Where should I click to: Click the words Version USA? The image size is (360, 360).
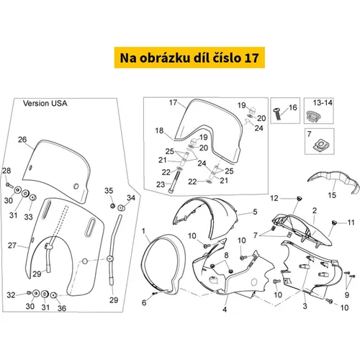[45, 104]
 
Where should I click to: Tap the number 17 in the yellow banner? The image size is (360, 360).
[251, 58]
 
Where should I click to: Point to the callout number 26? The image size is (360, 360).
[22, 140]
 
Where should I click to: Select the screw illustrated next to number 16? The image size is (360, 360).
[277, 114]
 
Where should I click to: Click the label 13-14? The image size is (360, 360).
[323, 103]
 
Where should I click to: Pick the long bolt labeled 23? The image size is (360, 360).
[173, 180]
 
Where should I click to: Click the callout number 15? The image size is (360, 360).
[332, 195]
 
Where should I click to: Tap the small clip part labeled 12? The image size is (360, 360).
[299, 199]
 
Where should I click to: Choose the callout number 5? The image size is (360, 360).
[255, 212]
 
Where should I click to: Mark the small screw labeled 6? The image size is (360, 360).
[155, 293]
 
